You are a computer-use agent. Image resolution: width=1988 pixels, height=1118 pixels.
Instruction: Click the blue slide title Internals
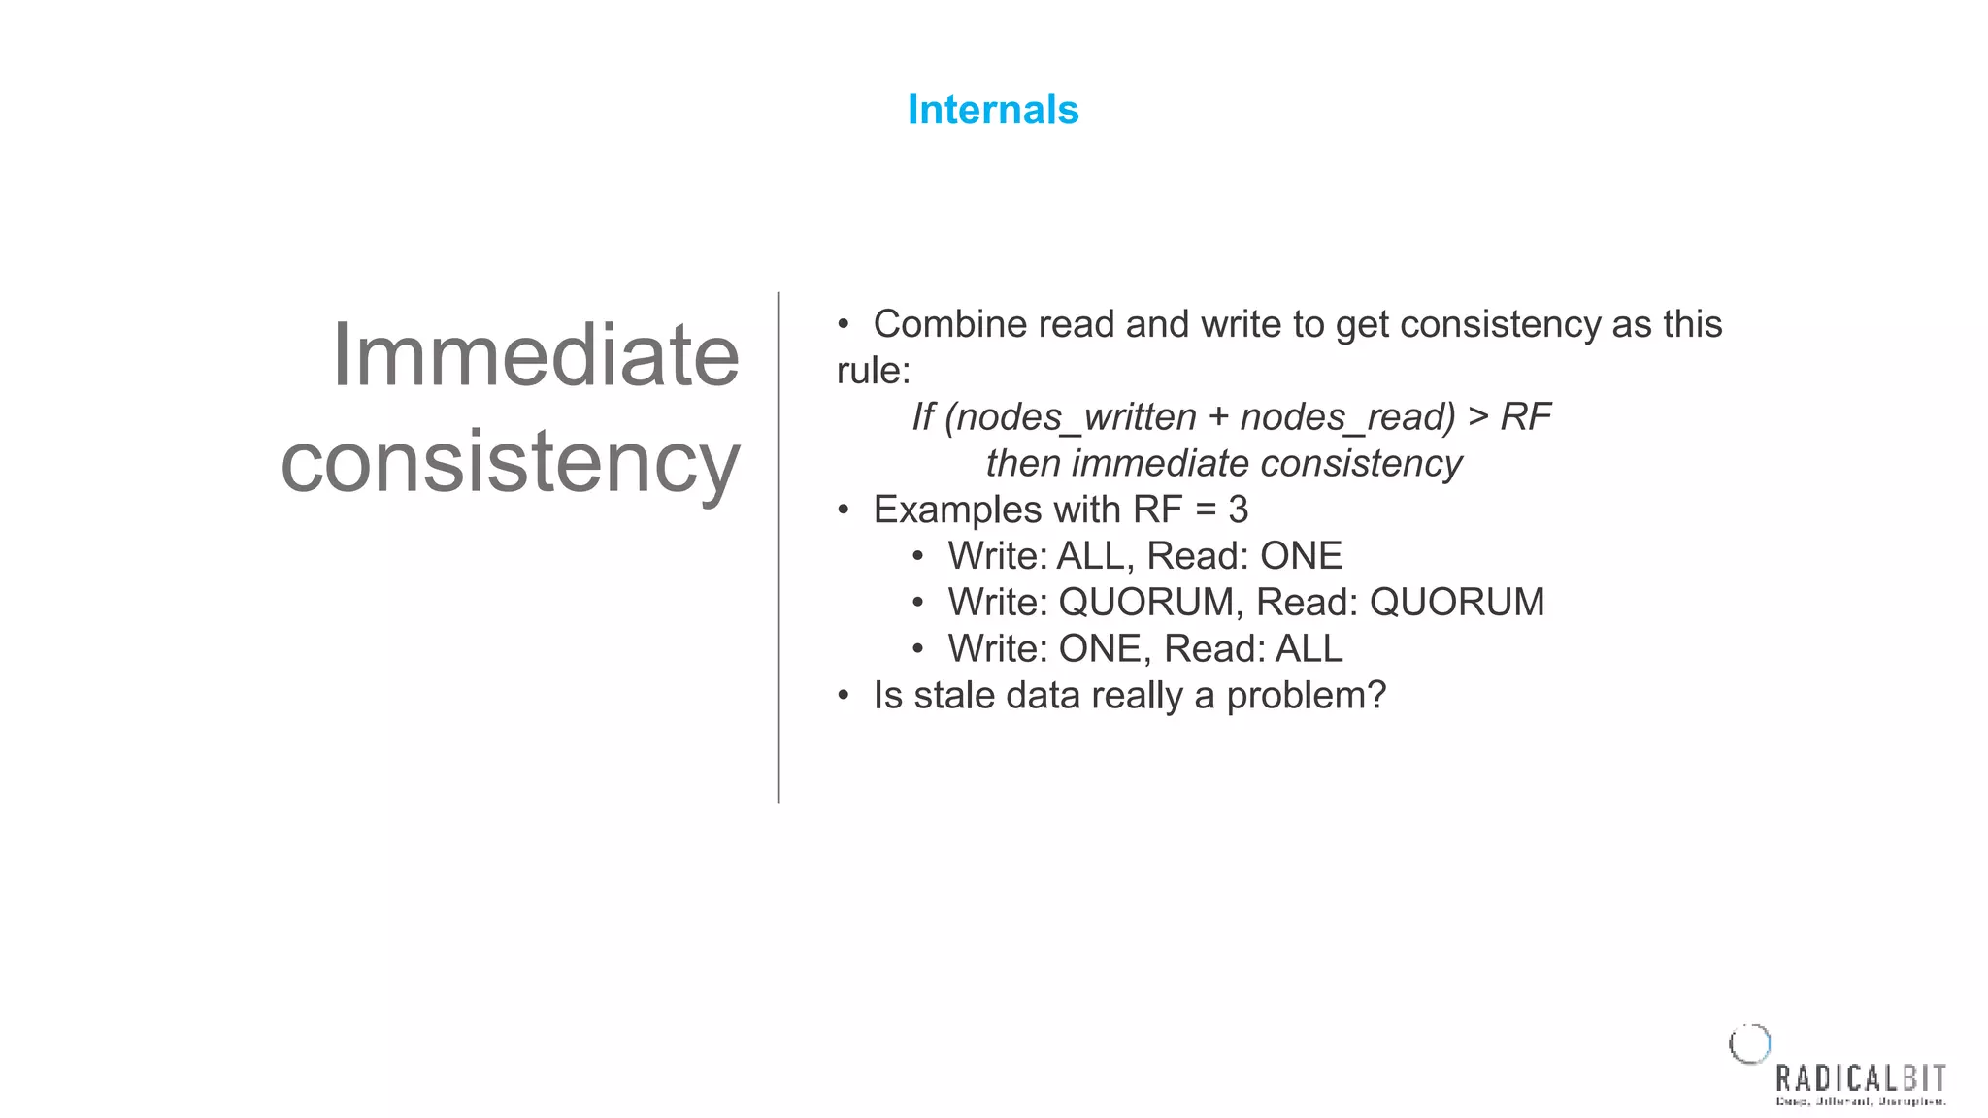point(992,110)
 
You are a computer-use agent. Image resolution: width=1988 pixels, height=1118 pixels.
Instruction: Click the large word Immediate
point(535,355)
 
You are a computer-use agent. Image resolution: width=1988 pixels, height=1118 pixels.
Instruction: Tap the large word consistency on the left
point(511,462)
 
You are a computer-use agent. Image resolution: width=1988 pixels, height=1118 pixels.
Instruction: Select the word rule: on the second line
point(874,371)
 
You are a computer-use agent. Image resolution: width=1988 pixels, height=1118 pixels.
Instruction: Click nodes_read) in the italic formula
point(1347,417)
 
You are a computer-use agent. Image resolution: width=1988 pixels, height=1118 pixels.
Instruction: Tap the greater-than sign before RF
point(1477,417)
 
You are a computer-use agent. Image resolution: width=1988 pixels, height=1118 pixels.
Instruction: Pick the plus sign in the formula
point(1218,417)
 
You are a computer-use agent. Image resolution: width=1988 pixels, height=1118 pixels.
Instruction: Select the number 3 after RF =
point(1238,510)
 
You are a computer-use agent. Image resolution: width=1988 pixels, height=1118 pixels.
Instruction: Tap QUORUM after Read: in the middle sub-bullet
point(1456,603)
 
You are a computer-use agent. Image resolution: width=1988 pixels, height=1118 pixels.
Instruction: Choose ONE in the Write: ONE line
point(1099,649)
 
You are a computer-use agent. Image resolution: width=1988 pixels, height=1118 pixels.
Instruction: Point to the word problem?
point(1306,696)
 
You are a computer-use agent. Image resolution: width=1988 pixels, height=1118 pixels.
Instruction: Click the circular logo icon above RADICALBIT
point(1749,1044)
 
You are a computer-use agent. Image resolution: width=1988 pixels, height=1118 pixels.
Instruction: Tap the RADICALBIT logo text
point(1860,1079)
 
